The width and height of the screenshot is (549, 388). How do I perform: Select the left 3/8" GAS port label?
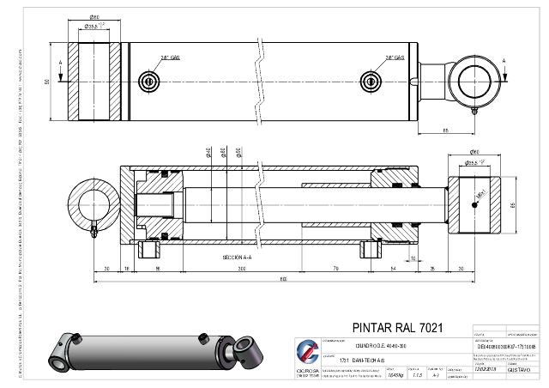pos(168,58)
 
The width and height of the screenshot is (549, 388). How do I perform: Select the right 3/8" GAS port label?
pos(395,58)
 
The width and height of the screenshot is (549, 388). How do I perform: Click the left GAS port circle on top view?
pos(151,82)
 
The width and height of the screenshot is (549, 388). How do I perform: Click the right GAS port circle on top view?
pos(371,82)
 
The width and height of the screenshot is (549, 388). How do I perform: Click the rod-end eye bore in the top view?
pos(476,82)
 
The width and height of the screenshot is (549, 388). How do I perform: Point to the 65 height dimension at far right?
pos(512,204)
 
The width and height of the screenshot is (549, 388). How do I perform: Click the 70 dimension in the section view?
pos(335,268)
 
